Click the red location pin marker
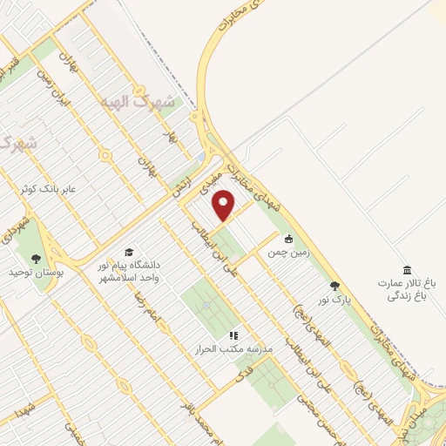pos(225,206)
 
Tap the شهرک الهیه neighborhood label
pos(139,102)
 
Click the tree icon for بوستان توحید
pos(36,258)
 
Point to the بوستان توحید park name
pos(32,273)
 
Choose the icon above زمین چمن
pos(288,239)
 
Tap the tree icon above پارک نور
pos(334,285)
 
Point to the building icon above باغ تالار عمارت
pos(406,270)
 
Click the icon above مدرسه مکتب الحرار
pos(233,334)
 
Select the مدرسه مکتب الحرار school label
pos(233,349)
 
